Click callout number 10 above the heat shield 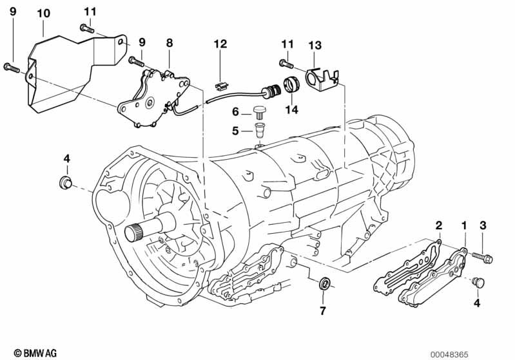pos(43,13)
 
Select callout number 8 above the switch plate pos(170,43)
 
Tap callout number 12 pos(221,44)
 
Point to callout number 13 pos(315,44)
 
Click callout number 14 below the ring pos(293,111)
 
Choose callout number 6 pos(236,111)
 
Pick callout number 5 pos(236,131)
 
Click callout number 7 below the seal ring pos(322,311)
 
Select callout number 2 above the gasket pos(438,225)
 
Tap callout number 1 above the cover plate pos(463,225)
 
